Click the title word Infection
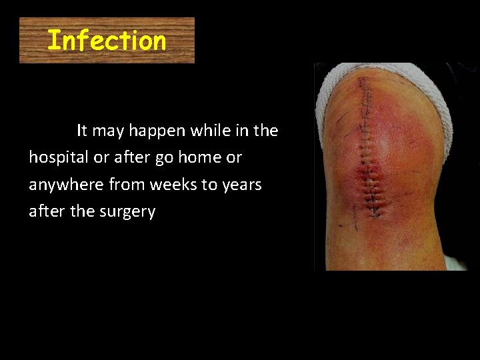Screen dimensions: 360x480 click(107, 41)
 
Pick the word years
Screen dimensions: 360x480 click(240, 185)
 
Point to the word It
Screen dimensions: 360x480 click(82, 131)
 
